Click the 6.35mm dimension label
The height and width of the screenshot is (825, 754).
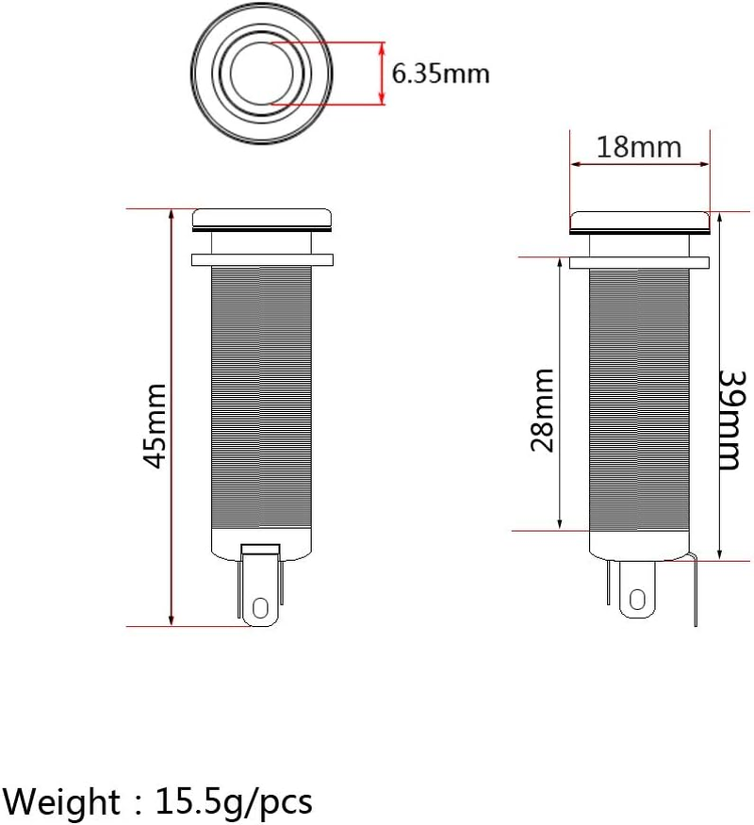[440, 74]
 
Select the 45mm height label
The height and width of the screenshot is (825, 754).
[155, 424]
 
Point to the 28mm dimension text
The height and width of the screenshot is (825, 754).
[542, 410]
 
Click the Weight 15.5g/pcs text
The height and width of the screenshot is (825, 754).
[156, 801]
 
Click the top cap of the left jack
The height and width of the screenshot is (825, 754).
[263, 220]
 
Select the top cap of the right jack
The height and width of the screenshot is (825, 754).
[641, 223]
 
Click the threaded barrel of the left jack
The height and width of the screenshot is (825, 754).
[262, 396]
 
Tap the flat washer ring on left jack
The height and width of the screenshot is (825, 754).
[263, 258]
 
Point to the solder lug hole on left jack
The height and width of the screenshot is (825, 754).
[261, 603]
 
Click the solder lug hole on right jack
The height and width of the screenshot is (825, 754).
[638, 600]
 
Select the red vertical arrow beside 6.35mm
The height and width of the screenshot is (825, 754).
[382, 74]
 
